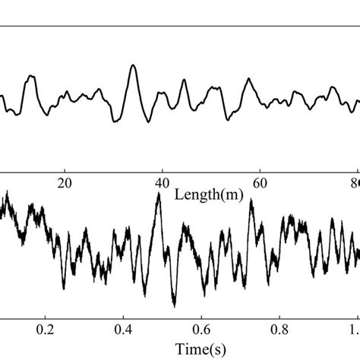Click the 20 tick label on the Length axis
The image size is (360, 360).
pos(65,183)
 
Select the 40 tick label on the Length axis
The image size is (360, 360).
pos(162,183)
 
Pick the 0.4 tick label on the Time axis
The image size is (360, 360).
pos(123,331)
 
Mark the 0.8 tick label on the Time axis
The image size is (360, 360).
pos(279,331)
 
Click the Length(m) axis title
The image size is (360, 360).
pos(209,194)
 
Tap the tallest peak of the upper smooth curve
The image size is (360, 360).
pos(133,65)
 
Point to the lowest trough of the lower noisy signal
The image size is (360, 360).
pos(175,306)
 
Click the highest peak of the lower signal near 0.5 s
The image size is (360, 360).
pos(158,194)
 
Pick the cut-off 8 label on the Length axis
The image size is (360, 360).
pos(356,183)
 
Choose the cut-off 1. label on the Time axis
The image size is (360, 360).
pos(354,331)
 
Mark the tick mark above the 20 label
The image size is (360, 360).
pos(65,172)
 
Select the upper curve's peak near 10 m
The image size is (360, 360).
pos(31,76)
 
